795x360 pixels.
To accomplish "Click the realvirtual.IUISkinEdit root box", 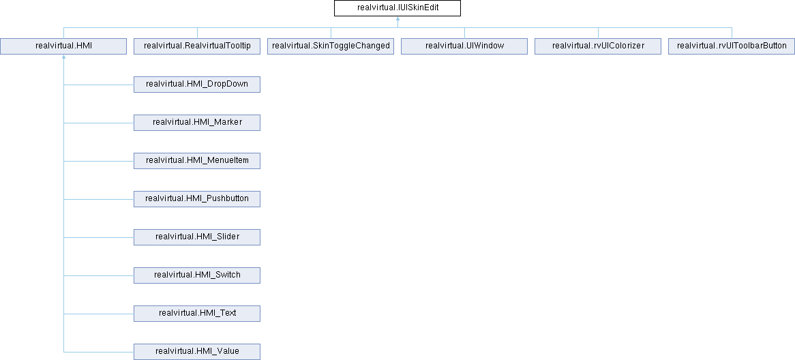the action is coord(397,9).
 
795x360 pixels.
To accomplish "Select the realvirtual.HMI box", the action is coord(63,46).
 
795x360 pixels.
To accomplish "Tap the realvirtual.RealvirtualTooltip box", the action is coord(197,46).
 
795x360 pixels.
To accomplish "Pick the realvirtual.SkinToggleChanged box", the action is coord(331,46).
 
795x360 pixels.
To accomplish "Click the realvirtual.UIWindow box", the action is coord(464,46).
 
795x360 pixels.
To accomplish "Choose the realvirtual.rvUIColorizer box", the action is coord(598,46).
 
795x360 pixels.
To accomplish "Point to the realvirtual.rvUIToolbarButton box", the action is coord(732,46).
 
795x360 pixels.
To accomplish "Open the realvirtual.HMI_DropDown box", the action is coord(197,84).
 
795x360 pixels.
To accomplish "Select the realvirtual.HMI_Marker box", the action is coord(197,123).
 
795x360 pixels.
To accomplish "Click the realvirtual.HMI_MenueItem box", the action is coord(197,161).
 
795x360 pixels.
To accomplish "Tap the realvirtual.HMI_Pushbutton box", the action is coord(197,199).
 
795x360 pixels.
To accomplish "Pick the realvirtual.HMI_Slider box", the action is coord(197,237).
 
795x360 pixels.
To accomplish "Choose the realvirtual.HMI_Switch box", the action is coord(197,275).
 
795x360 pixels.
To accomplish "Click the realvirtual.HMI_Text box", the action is coord(197,314).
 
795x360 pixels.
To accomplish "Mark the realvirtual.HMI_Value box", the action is coord(197,351).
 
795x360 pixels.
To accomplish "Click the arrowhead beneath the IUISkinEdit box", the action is coord(397,19).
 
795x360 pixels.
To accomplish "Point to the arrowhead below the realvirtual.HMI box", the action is coord(63,57).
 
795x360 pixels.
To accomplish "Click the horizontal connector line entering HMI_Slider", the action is coord(98,237).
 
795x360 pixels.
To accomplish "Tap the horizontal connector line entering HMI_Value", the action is coord(98,352).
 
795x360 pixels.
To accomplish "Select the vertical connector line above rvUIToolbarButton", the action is coord(732,33).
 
